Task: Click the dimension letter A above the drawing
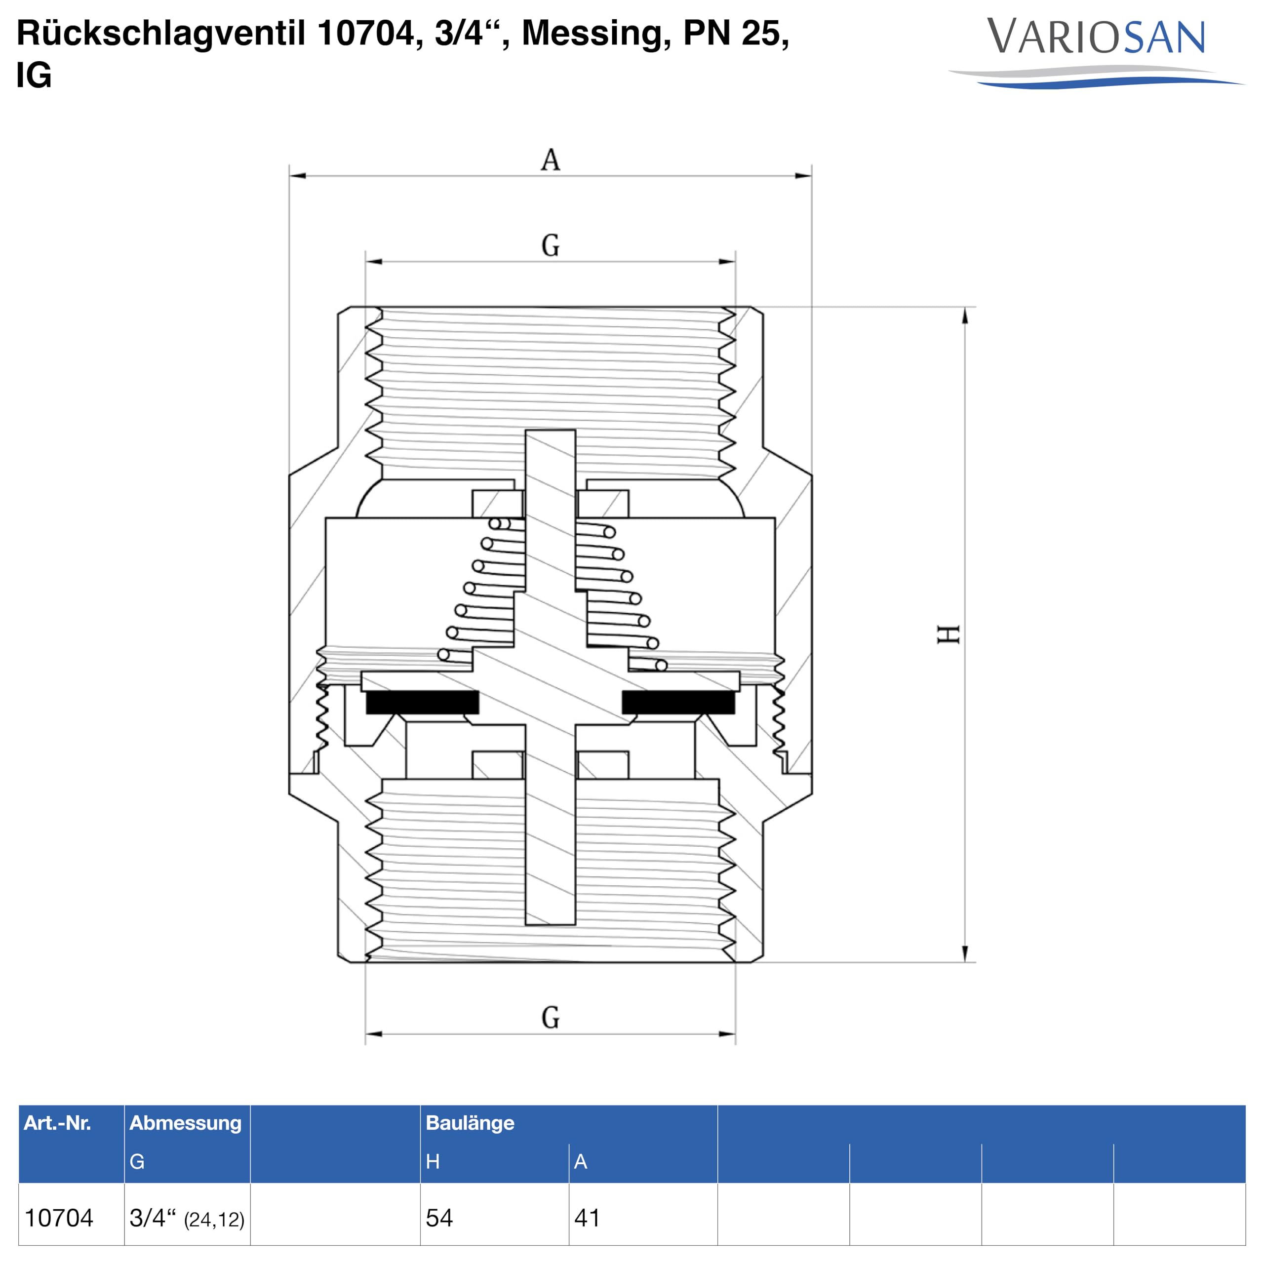(550, 159)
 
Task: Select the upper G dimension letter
(550, 245)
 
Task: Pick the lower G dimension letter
(550, 1017)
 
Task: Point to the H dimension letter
(948, 634)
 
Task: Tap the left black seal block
(422, 702)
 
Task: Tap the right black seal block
(678, 702)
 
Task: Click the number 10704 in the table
(59, 1218)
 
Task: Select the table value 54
(439, 1218)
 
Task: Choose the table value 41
(587, 1218)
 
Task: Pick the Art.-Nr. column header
(58, 1123)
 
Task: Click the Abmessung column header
(185, 1123)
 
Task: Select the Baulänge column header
(470, 1123)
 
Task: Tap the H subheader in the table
(433, 1161)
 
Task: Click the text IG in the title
(34, 75)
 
